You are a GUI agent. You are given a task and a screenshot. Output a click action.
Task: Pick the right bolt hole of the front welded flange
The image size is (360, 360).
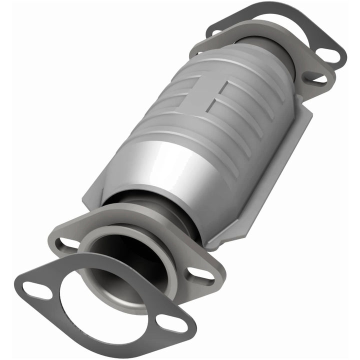click(x=200, y=273)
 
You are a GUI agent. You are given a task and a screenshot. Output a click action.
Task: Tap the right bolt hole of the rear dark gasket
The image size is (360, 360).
click(x=327, y=54)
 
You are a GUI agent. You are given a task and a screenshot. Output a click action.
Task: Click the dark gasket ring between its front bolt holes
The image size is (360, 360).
click(x=105, y=320)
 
